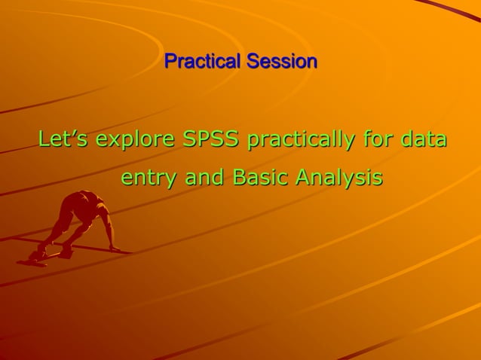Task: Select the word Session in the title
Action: tap(280, 61)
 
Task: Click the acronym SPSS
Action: tap(212, 140)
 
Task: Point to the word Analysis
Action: tap(339, 179)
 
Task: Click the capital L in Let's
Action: tap(44, 140)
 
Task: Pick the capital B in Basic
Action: tap(239, 178)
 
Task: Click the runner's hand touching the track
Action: tap(115, 248)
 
